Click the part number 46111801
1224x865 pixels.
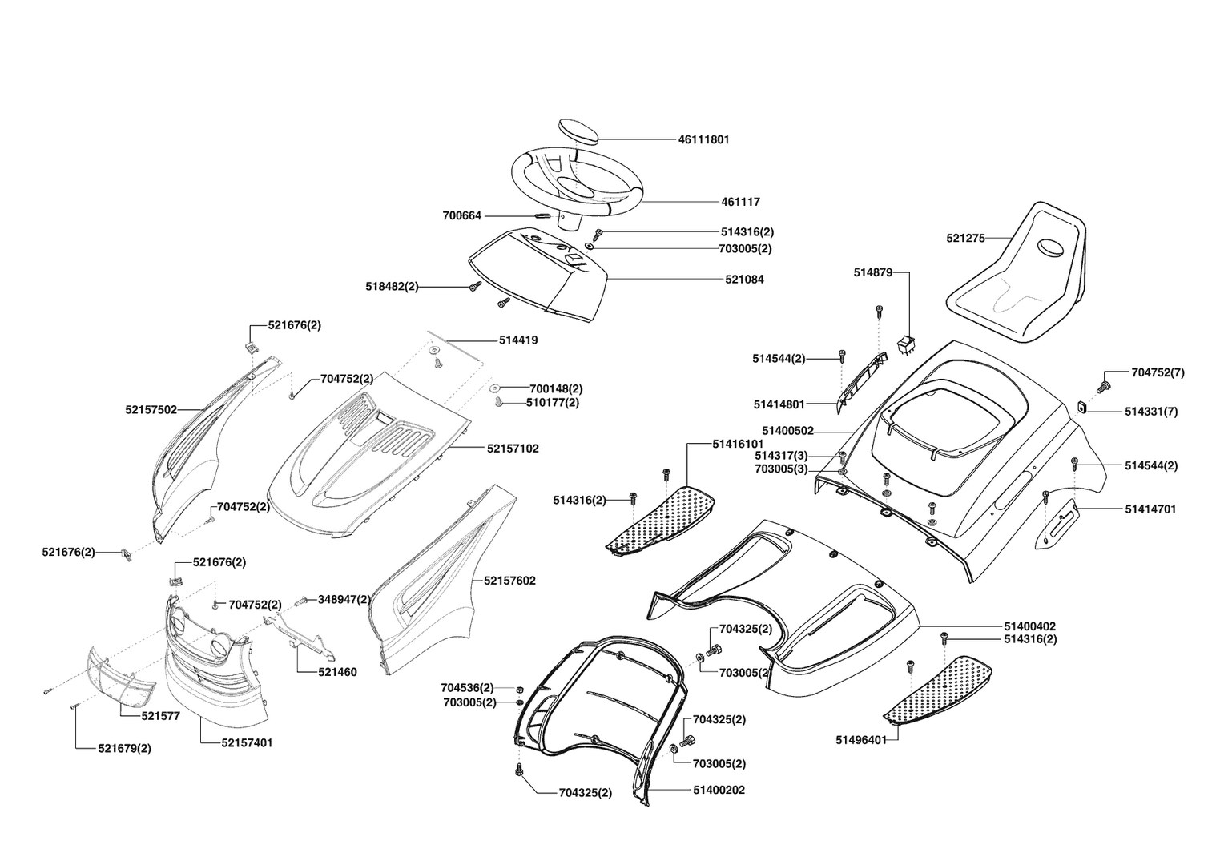click(x=703, y=139)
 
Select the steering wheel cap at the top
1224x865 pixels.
click(x=578, y=131)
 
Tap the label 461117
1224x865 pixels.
click(x=740, y=203)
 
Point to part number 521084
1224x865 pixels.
click(x=744, y=280)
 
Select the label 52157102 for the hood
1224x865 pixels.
click(x=512, y=449)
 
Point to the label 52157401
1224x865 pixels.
click(x=247, y=742)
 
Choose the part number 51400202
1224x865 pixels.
click(x=719, y=790)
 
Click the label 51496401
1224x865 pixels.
click(x=860, y=740)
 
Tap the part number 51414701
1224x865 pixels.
click(x=1150, y=509)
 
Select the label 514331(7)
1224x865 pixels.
click(x=1151, y=412)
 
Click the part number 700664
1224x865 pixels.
click(x=462, y=216)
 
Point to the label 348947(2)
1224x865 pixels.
click(x=344, y=599)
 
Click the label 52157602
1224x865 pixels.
click(x=509, y=581)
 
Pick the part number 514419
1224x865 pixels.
click(x=518, y=340)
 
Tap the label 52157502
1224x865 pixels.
click(x=151, y=409)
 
